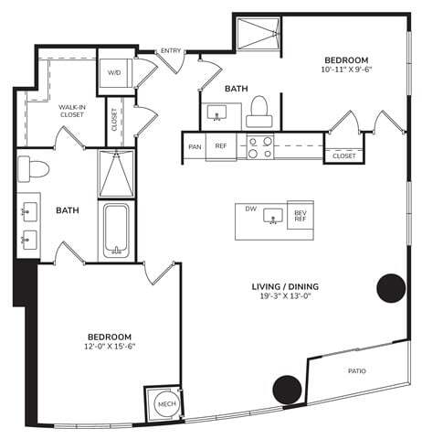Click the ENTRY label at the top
(169, 50)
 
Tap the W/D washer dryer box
(115, 71)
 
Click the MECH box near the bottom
(165, 402)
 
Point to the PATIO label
(356, 371)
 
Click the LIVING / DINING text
(285, 286)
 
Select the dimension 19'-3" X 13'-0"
(285, 297)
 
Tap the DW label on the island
(249, 209)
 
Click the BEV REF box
(300, 216)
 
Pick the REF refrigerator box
(221, 145)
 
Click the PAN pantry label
(194, 145)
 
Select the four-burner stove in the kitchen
(259, 146)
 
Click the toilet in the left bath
(37, 168)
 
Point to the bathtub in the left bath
(116, 230)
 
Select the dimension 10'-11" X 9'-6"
(347, 69)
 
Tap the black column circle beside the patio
(391, 287)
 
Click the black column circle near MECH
(286, 389)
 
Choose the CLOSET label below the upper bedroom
(343, 155)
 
